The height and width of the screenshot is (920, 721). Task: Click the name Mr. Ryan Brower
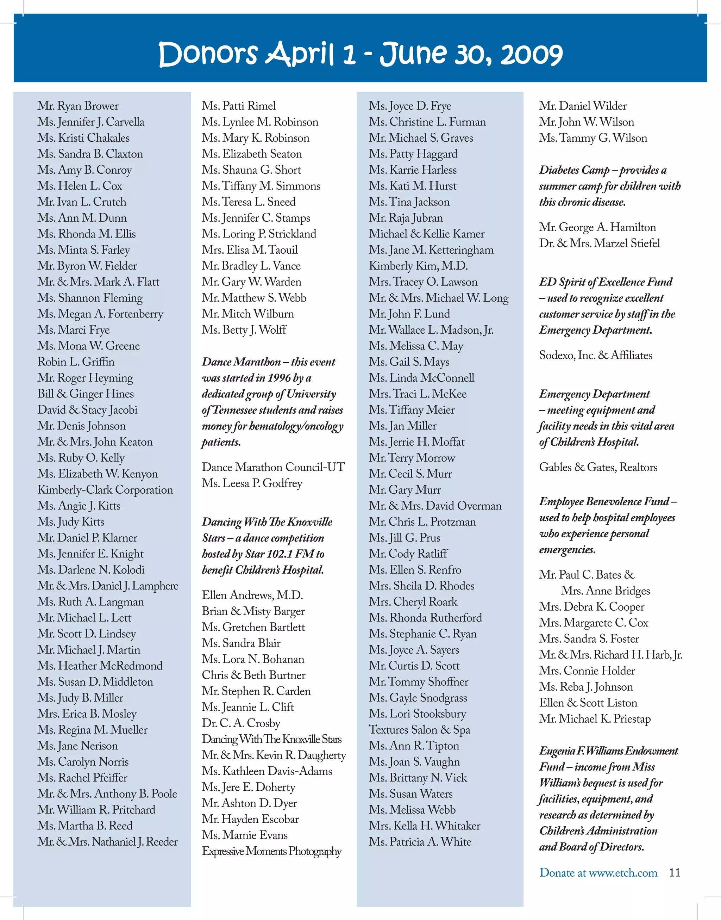tap(78, 106)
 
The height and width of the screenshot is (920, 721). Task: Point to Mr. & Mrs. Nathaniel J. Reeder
tap(107, 841)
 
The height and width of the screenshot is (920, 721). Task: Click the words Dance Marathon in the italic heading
tap(241, 362)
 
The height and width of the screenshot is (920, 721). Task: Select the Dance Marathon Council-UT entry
tap(273, 467)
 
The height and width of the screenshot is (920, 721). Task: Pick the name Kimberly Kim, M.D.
tap(418, 266)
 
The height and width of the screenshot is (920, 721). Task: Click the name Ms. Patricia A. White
tap(420, 841)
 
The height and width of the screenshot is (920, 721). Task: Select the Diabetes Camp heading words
tap(574, 170)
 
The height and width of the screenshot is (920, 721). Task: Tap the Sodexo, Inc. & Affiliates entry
tap(595, 355)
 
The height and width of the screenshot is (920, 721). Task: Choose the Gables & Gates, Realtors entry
tap(598, 467)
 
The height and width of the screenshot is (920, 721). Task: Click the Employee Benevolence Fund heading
tap(604, 501)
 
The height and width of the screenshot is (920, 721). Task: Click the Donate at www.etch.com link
tap(598, 872)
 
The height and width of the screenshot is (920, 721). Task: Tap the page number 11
tap(675, 872)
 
